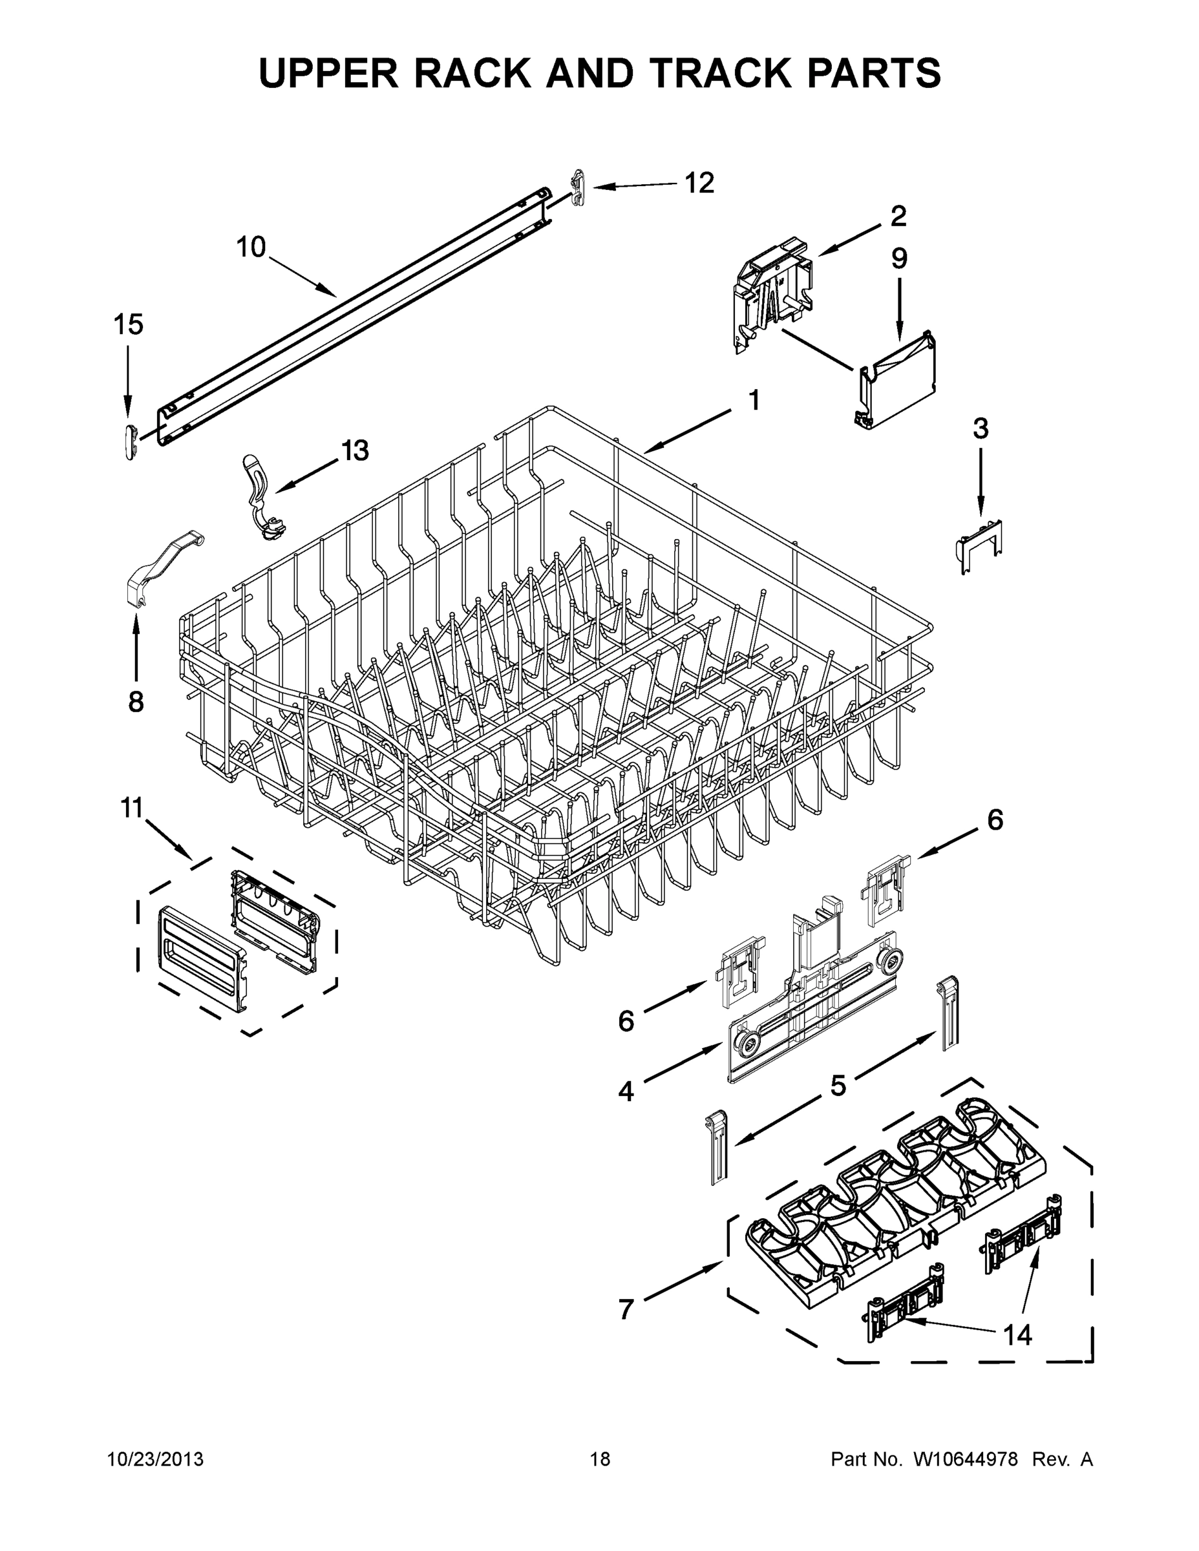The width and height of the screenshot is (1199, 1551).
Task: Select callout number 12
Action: [699, 184]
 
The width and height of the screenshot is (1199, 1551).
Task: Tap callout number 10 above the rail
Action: [251, 247]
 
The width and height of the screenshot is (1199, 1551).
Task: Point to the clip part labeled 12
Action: [578, 189]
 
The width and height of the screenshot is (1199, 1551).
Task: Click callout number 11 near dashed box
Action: [132, 808]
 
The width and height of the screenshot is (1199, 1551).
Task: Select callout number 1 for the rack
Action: [754, 401]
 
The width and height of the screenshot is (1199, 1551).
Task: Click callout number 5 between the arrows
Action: [838, 1086]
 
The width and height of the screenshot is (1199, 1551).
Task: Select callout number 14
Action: [1017, 1335]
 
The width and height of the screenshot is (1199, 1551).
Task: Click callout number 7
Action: [626, 1309]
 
